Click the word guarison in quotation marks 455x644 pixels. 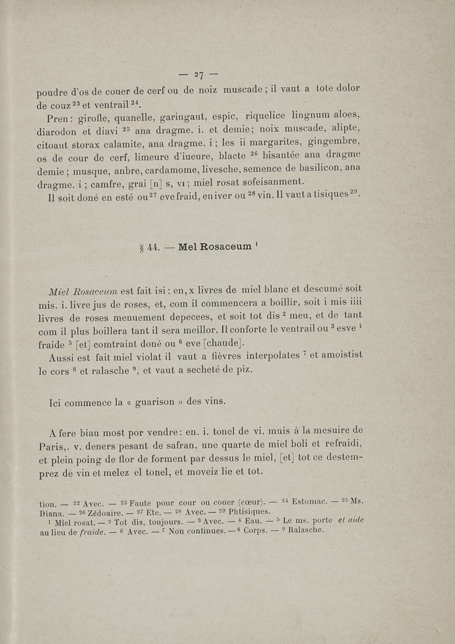[156, 402]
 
